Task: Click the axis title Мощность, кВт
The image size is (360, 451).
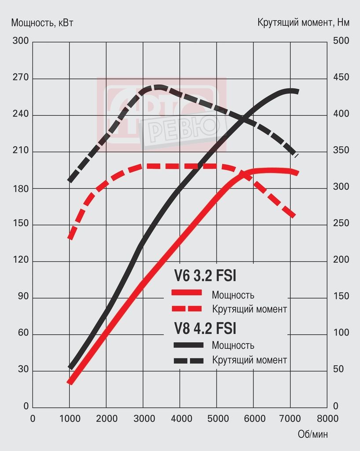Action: coord(42,23)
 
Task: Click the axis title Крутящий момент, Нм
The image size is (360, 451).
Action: coord(303,23)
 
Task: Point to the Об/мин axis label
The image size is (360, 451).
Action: coord(312,434)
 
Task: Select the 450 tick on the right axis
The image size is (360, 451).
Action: coord(341,78)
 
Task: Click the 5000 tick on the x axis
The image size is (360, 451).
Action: coord(216,418)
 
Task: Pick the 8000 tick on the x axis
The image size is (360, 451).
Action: coord(327,418)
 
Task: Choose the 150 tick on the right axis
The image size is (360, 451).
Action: coord(341,296)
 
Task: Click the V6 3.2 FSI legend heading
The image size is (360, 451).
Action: coord(205,277)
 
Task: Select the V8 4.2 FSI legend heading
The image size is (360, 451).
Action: coord(205,329)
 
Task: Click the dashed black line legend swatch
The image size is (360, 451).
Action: coord(188,361)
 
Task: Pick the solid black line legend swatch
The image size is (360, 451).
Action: coord(188,345)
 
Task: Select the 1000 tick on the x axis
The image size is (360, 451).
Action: coord(70,418)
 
